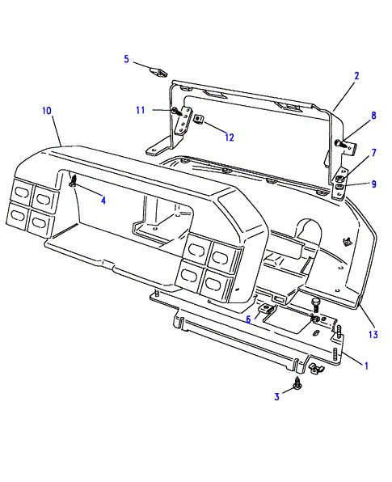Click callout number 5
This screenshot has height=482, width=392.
tap(126, 59)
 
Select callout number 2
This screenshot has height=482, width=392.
tap(356, 76)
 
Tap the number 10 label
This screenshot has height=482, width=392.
tap(47, 111)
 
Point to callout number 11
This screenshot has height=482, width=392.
tap(140, 110)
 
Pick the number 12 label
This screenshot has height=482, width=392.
tap(230, 137)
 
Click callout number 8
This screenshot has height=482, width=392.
tap(373, 116)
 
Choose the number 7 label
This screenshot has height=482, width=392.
tap(373, 153)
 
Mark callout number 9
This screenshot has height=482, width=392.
tap(373, 184)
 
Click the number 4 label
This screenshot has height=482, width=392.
tap(103, 201)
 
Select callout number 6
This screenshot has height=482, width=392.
tap(248, 319)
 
